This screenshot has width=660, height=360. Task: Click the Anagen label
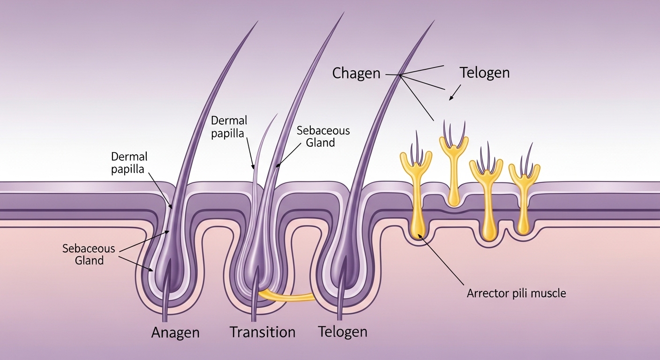point(175,333)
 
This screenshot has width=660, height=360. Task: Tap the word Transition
point(262,332)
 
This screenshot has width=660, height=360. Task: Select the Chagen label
point(356,73)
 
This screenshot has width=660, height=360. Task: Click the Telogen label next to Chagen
point(484,73)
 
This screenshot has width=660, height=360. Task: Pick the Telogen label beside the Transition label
point(343,332)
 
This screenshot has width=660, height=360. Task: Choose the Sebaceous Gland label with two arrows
point(89,254)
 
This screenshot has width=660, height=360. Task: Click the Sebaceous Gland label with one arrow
point(323,136)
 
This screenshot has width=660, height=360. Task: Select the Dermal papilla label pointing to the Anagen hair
point(129,162)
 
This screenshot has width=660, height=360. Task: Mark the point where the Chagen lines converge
point(400,75)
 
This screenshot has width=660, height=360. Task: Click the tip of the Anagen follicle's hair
point(257,22)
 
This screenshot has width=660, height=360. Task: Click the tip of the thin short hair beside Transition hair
point(277,113)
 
